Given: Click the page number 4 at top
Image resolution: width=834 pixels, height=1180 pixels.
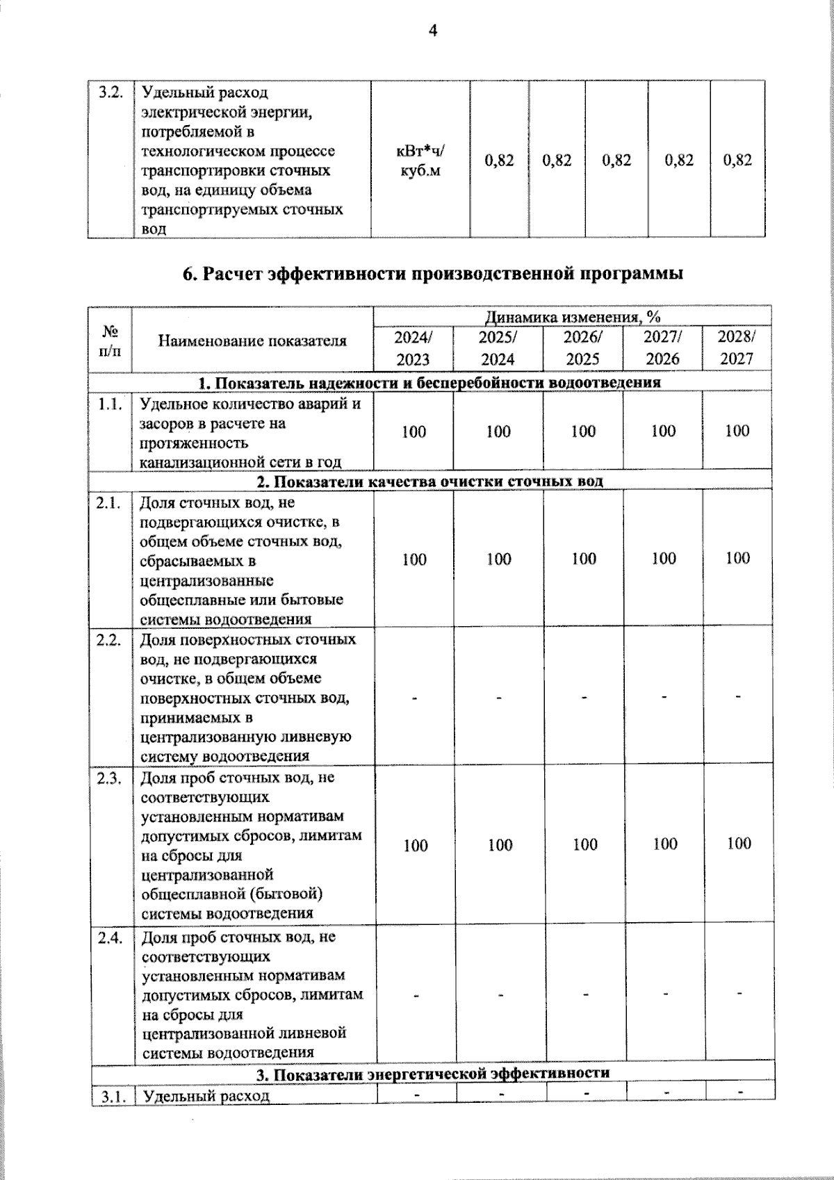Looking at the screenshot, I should point(433,31).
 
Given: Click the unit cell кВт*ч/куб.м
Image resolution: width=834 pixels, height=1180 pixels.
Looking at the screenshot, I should point(420,161).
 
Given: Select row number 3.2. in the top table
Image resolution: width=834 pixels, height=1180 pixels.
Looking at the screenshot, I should point(111,92).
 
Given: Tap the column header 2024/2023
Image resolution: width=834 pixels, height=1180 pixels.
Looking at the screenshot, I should point(413,348).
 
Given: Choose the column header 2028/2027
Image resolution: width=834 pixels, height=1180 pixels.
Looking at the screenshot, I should point(737,347).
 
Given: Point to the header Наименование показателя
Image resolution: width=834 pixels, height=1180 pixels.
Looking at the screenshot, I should point(252,341).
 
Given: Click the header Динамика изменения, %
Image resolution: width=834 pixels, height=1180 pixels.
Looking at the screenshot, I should point(572,317).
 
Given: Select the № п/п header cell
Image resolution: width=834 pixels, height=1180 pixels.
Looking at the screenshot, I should point(110,341).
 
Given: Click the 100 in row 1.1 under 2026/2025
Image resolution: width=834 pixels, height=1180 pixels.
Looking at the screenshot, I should point(583,432).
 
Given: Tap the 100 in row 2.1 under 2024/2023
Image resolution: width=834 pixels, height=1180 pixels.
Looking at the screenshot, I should point(414,559).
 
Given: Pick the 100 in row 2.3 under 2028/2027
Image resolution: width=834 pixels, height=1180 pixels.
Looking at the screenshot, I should point(739,844).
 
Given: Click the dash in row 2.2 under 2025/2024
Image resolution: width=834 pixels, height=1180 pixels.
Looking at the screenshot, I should point(499,696).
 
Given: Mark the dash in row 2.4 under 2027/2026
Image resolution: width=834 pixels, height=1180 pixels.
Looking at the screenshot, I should point(664,994).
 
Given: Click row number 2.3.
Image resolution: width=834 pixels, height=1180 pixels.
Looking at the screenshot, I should point(111,778).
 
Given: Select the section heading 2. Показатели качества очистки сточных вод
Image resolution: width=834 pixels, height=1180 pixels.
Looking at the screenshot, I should point(430,481).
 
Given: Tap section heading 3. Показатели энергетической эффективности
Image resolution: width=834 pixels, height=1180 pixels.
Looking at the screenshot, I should point(432,1074).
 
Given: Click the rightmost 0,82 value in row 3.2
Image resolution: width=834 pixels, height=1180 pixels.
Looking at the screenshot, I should point(737,161).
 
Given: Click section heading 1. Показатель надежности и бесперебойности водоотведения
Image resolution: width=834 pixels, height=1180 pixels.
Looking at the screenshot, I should point(430,383).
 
